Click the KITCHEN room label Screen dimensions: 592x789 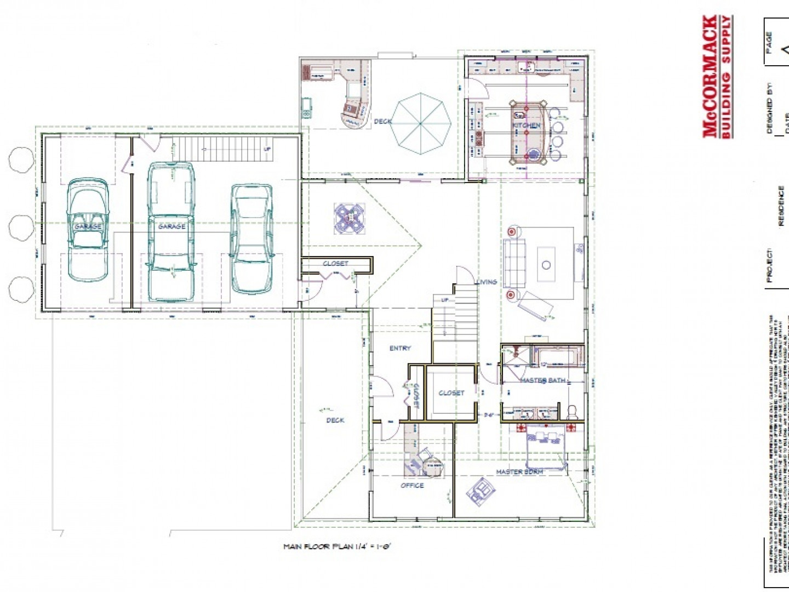click(x=526, y=126)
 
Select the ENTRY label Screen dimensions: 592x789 click(x=400, y=348)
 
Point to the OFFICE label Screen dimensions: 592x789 click(x=412, y=485)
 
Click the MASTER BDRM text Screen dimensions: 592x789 click(x=519, y=472)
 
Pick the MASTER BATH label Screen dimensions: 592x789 click(x=542, y=380)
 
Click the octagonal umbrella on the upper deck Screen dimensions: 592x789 click(x=421, y=123)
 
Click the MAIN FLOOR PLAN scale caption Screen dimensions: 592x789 click(x=337, y=547)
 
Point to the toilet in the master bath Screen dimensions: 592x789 click(x=572, y=411)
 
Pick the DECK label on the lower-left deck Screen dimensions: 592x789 click(x=335, y=420)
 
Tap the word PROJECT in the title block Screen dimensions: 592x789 click(x=770, y=266)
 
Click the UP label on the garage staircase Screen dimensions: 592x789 click(x=267, y=149)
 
